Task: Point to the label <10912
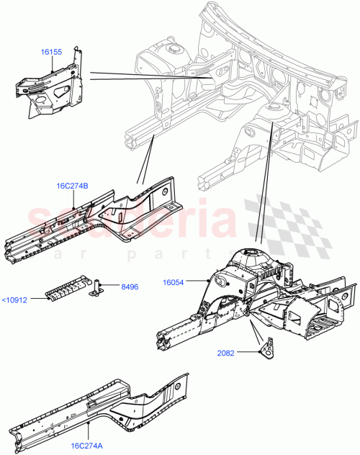pyautogui.click(x=14, y=299)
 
